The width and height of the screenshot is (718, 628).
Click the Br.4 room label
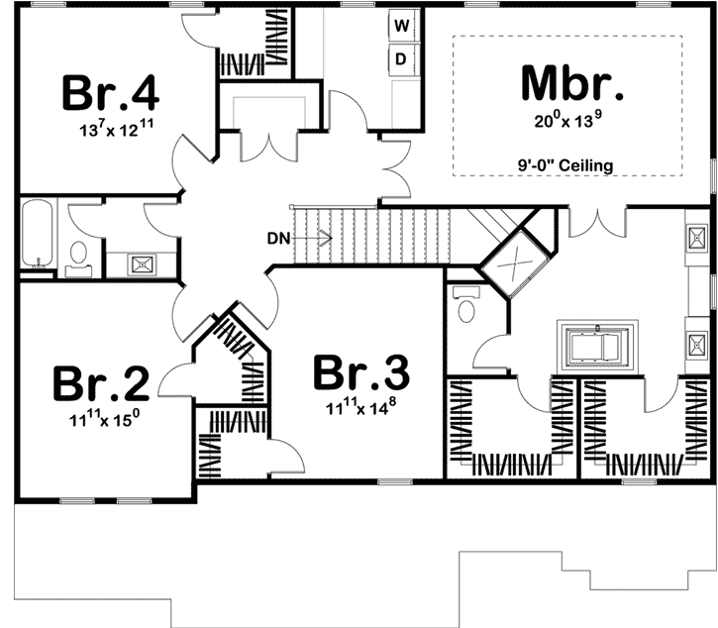pyautogui.click(x=110, y=92)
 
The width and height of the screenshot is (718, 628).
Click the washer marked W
pyautogui.click(x=402, y=25)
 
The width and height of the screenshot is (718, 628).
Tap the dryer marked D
pyautogui.click(x=402, y=58)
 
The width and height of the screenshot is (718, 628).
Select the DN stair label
pyautogui.click(x=278, y=238)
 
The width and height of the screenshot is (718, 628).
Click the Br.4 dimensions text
pyautogui.click(x=110, y=130)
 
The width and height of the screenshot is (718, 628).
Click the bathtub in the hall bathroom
pyautogui.click(x=36, y=236)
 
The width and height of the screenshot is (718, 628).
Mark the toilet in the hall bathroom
pyautogui.click(x=77, y=256)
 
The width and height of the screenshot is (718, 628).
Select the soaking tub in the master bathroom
pyautogui.click(x=595, y=346)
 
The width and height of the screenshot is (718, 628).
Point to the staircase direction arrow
pyautogui.click(x=319, y=238)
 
